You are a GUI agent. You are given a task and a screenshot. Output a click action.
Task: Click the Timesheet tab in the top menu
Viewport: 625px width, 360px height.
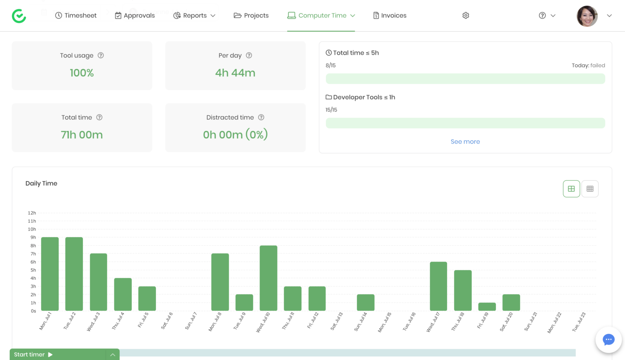(76, 15)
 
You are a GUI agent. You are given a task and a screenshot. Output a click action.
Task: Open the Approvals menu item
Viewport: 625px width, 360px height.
(135, 15)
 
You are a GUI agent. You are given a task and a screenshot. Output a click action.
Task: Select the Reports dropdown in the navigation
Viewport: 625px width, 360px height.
(194, 15)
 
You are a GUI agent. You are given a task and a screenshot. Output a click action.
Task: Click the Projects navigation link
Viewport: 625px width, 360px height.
(251, 15)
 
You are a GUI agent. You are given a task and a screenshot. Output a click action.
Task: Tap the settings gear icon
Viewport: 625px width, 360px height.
(466, 15)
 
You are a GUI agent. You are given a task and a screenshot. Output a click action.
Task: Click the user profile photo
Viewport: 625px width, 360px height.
(587, 16)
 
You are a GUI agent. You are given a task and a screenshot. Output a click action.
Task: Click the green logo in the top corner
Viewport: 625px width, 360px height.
(19, 16)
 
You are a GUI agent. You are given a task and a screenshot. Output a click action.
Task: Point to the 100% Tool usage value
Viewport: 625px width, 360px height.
(82, 73)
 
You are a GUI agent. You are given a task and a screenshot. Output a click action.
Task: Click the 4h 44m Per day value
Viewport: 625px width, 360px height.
(235, 73)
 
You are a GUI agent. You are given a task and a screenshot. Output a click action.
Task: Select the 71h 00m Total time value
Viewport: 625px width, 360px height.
(82, 135)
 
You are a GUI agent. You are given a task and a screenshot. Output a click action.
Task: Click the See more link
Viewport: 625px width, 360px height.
(465, 142)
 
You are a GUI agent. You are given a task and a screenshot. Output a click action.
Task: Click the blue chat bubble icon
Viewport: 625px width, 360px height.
(608, 340)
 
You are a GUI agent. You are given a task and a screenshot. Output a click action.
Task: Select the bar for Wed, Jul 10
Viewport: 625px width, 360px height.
(269, 278)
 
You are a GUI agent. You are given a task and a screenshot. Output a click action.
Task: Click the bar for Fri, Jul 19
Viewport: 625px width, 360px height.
(487, 307)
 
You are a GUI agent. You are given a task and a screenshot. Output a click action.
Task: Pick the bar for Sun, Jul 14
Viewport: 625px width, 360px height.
(365, 303)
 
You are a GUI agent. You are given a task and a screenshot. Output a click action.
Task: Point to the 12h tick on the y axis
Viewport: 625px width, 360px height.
(32, 213)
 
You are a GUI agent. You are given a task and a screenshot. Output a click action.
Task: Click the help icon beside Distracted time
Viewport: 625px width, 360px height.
(261, 117)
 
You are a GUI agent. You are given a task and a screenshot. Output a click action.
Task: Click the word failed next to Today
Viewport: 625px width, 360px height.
(598, 65)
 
